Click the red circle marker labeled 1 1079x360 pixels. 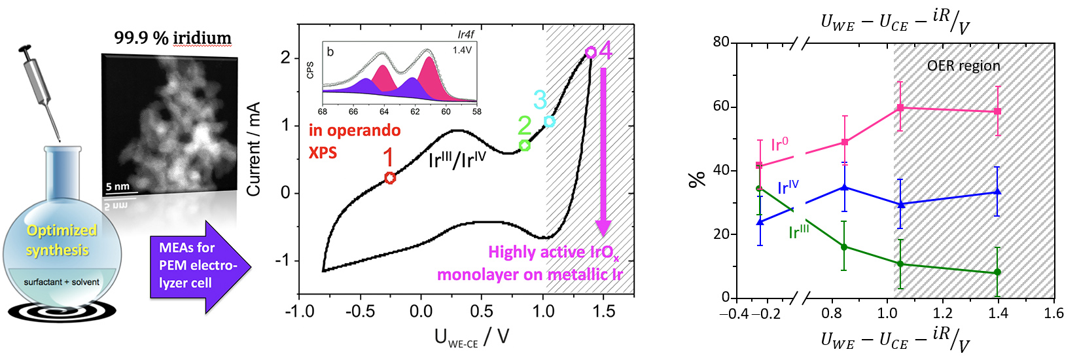pos(390,177)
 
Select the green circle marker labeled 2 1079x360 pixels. pos(524,145)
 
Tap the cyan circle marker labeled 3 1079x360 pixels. pos(550,121)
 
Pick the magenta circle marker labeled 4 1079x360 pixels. pos(590,52)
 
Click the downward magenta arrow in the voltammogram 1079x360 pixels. pos(603,151)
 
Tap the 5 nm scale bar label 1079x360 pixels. pos(118,187)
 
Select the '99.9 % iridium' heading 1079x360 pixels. pos(173,38)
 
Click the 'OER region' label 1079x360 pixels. pos(963,66)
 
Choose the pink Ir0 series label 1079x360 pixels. pos(779,144)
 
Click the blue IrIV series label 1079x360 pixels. pos(788,188)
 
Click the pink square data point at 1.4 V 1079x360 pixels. pos(997,111)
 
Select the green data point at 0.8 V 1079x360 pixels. pos(844,247)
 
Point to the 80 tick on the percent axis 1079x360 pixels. pos(720,42)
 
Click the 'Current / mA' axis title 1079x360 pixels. pos(254,149)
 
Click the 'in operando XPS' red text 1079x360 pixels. pos(354,141)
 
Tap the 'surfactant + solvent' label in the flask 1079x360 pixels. pos(62,282)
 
